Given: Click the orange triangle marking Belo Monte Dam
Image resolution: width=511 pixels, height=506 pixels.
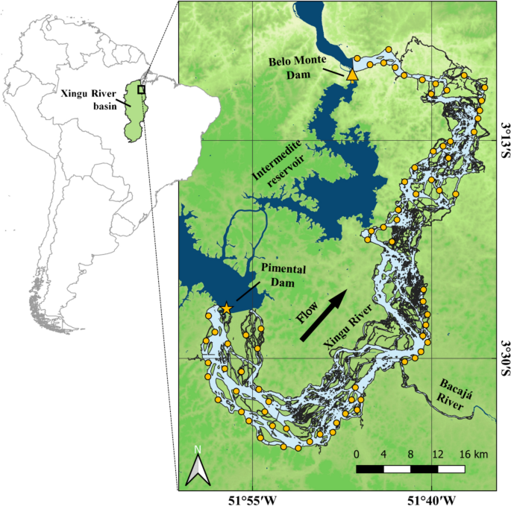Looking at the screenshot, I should click(x=353, y=74).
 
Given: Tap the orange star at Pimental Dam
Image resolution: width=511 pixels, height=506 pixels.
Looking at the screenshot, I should click(x=227, y=308).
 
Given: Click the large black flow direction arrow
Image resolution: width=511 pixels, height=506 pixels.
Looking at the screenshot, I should click(x=324, y=316).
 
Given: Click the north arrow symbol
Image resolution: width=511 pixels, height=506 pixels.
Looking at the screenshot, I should click(x=197, y=467).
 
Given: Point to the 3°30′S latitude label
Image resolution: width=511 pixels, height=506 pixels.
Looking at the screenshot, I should click(x=504, y=358).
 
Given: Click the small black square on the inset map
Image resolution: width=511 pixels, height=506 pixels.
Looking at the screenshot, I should click(x=141, y=89).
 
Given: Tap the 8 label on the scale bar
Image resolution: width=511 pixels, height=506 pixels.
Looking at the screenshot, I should click(x=410, y=455).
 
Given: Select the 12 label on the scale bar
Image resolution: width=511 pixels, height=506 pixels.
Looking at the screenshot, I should click(x=438, y=455).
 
